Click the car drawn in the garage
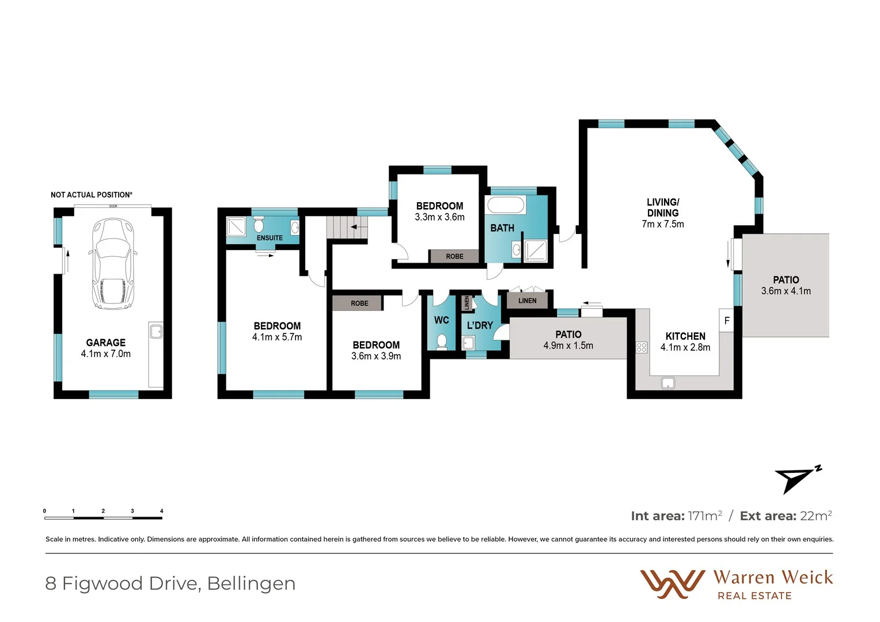pos(113,264)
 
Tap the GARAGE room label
pos(106,343)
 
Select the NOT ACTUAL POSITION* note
pos(92,195)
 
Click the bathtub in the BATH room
pos(506,206)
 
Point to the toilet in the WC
pos(442,342)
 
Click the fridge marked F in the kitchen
pos(727,321)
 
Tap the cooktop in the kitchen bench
pos(642,347)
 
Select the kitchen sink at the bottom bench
pos(668,382)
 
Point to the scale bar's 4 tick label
pos(162,511)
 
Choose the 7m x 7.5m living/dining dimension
pos(663,224)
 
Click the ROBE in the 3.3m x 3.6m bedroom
pos(454,256)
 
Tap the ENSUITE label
pos(270,238)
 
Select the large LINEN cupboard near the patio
pos(527,301)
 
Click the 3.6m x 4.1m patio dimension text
pos(786,291)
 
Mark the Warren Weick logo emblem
pos(672,584)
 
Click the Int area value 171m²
pos(705,516)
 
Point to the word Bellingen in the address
pos(251,583)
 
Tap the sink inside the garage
pos(155,331)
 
